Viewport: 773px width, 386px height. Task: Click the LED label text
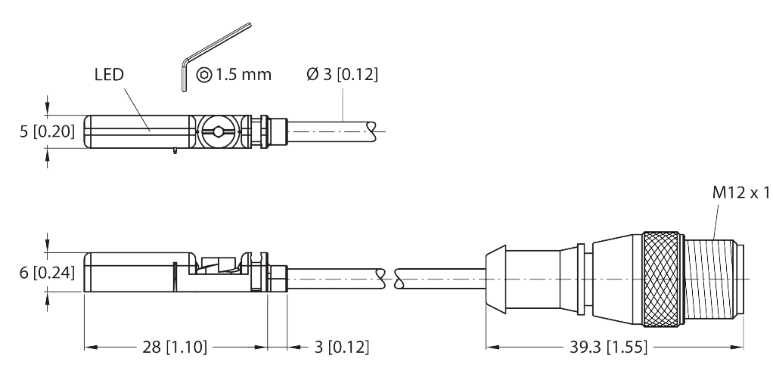109,76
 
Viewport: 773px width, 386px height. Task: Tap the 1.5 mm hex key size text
244,75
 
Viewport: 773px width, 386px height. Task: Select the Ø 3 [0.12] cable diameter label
342,75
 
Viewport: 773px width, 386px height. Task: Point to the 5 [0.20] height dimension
47,131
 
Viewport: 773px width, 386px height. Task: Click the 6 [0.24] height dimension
47,273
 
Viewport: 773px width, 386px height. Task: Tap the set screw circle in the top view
218,132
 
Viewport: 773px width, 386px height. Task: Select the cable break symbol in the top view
372,131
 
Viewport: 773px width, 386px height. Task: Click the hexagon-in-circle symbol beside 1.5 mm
203,75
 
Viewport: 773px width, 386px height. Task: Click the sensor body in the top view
136,132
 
